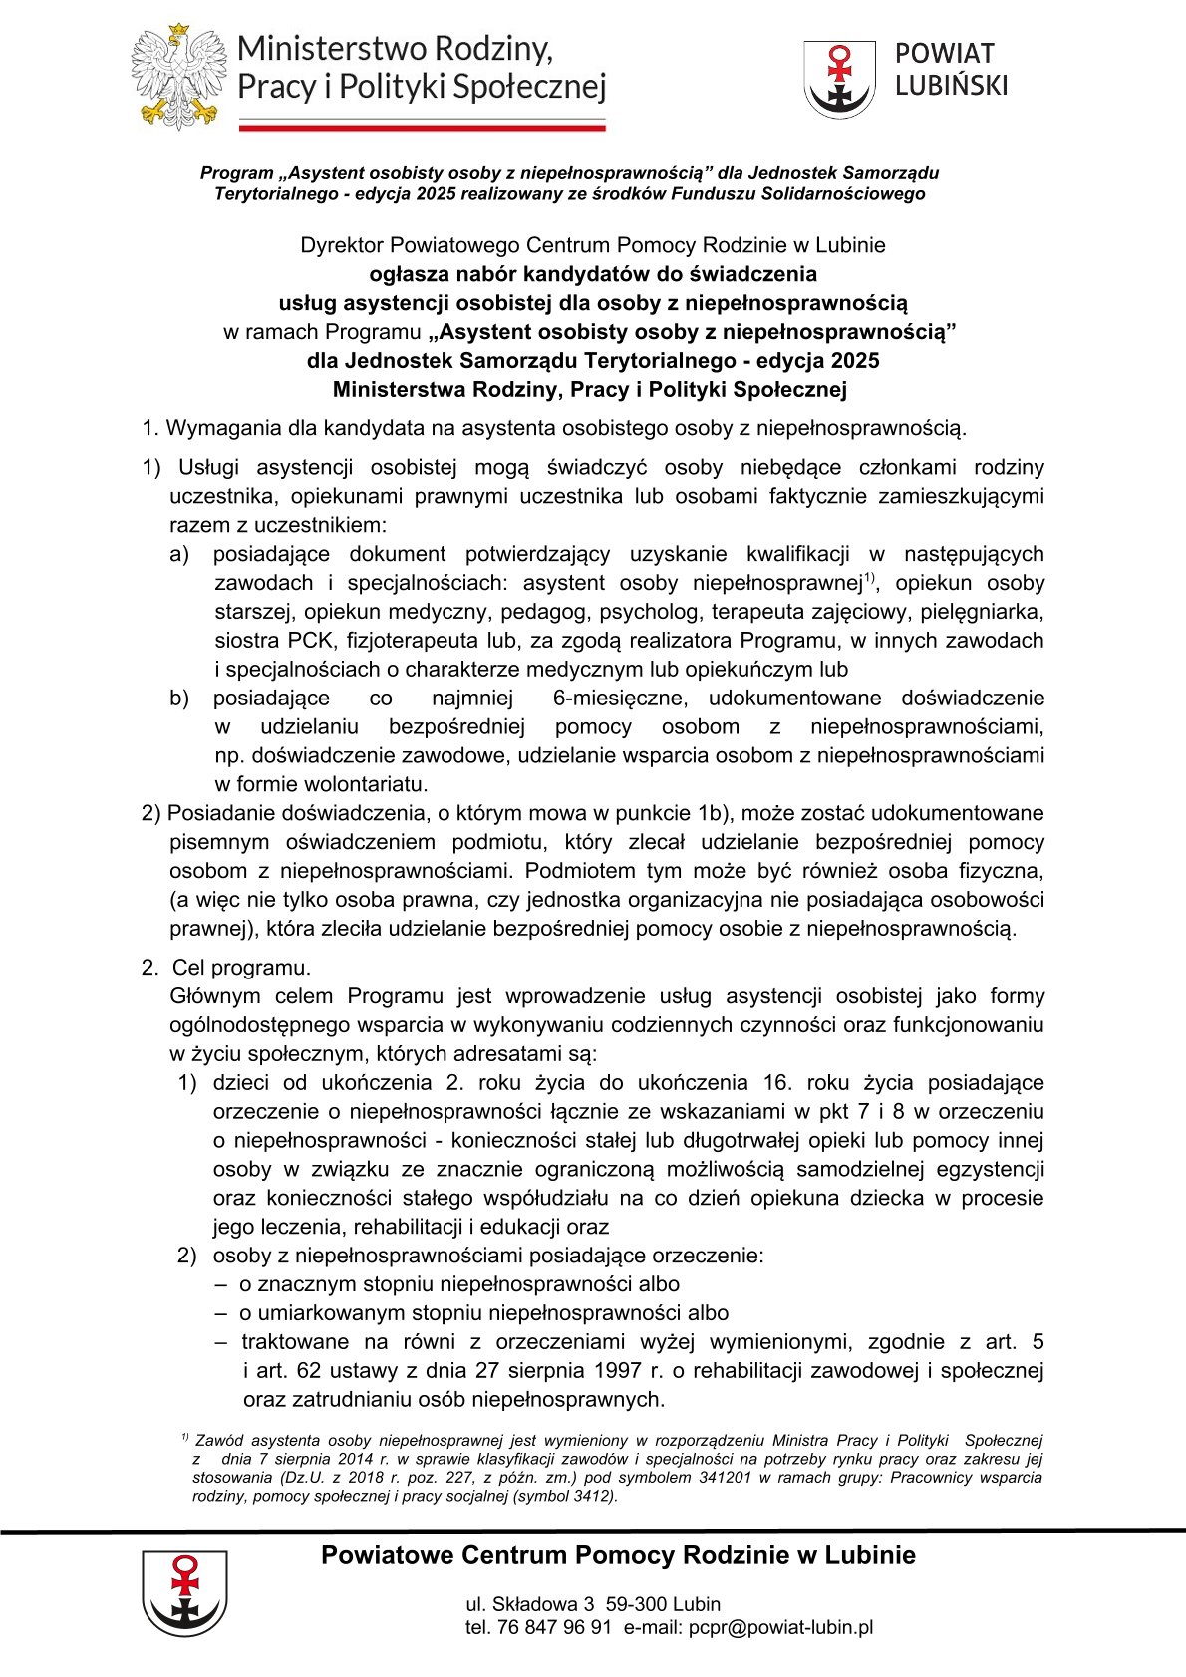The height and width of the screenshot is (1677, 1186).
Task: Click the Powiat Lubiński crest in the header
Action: pos(840,79)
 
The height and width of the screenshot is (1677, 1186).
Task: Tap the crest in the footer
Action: pos(184,1592)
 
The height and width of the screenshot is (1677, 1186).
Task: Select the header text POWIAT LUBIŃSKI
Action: pos(951,69)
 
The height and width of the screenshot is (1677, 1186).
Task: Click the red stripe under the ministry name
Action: pos(422,128)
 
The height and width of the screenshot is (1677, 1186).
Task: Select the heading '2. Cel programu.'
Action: pos(226,968)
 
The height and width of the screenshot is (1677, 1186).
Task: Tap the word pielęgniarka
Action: pos(986,612)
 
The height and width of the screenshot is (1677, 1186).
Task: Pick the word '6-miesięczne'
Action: pos(617,699)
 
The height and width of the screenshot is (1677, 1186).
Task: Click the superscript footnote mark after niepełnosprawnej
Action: pos(869,577)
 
